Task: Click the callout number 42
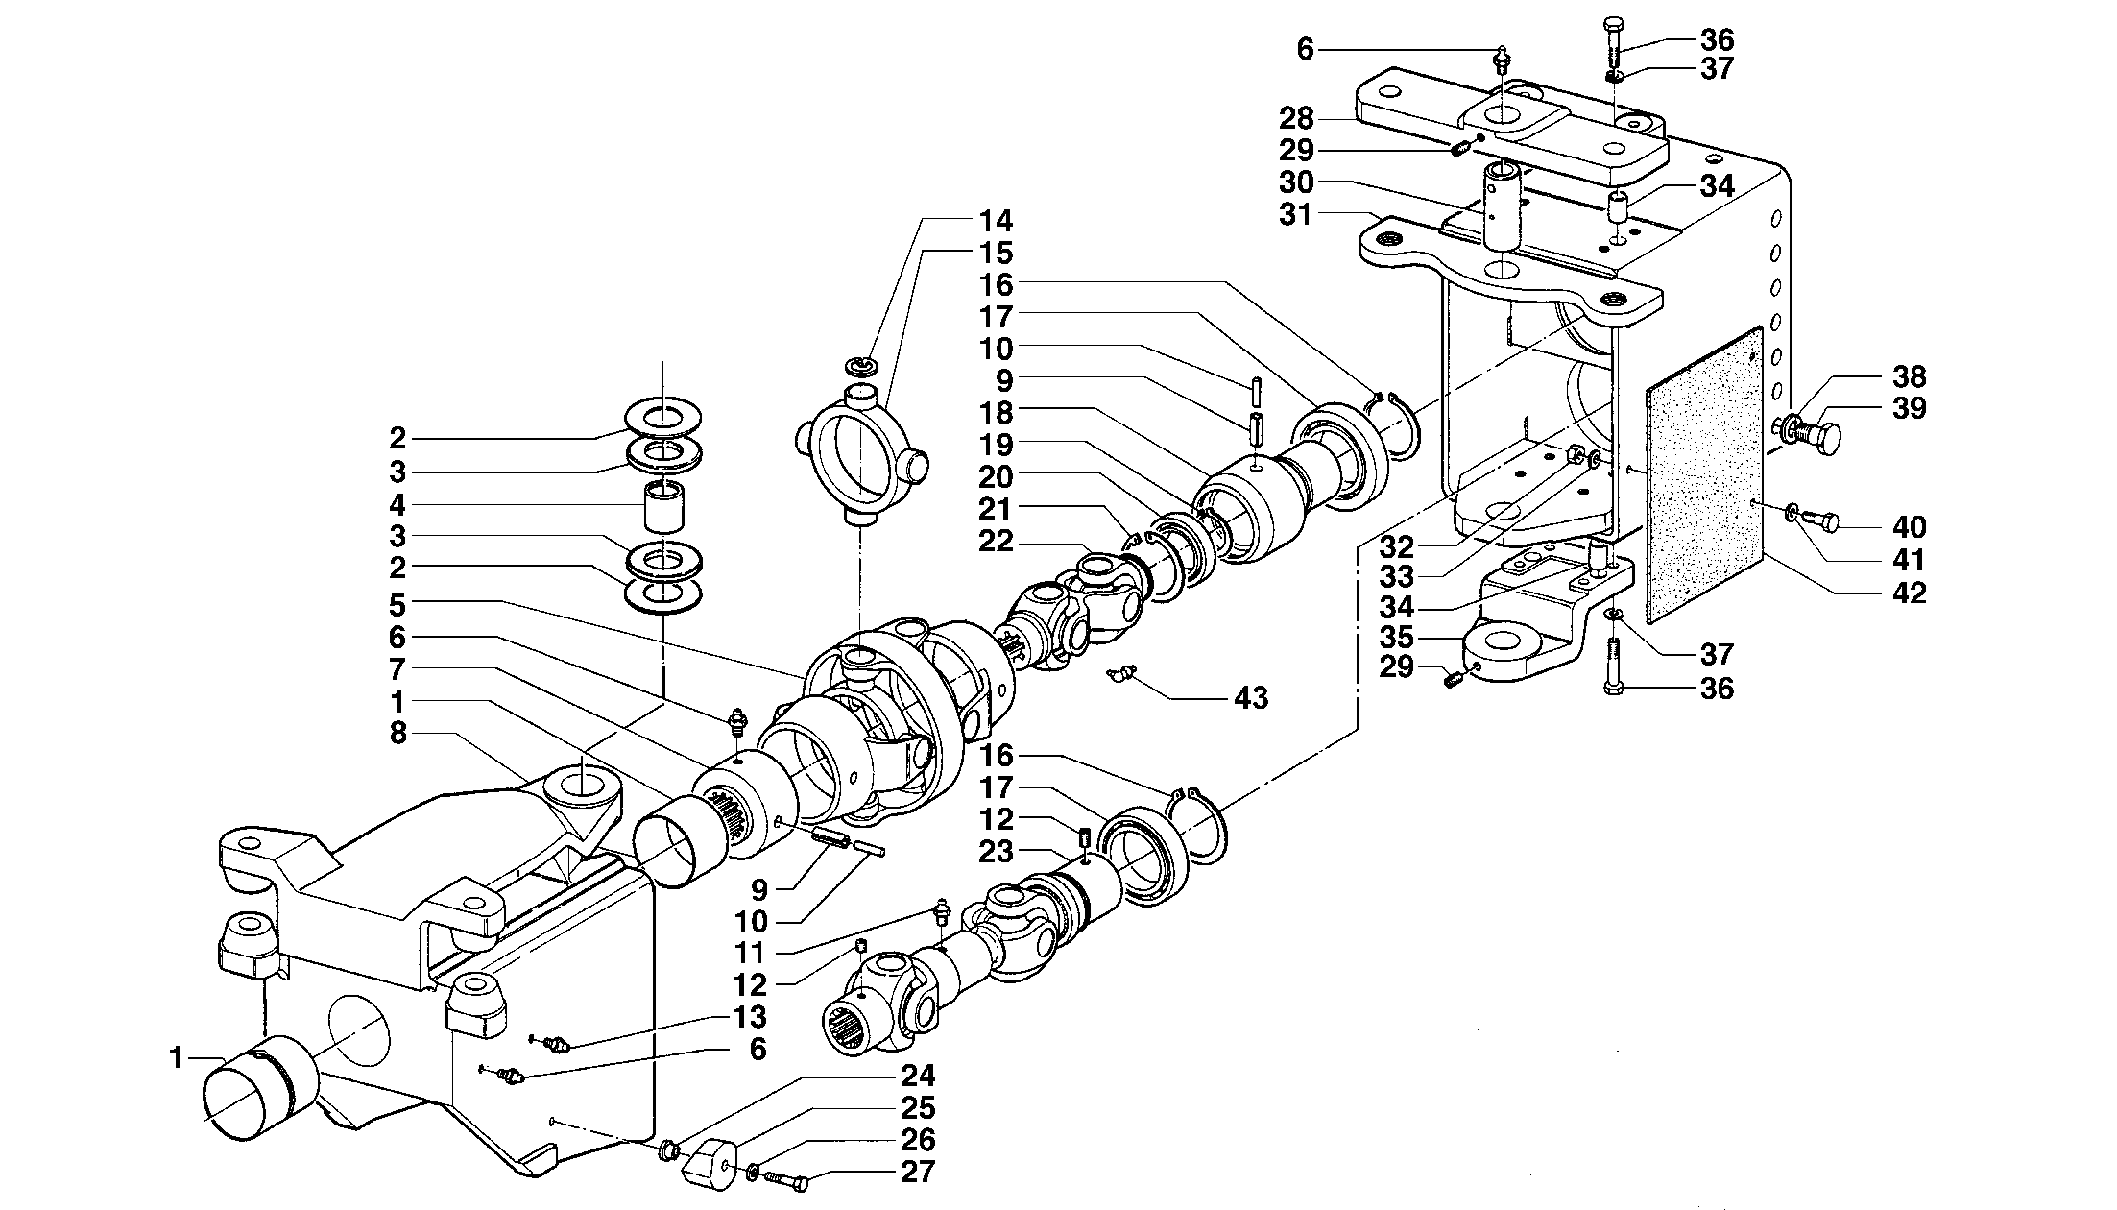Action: [x=1909, y=593]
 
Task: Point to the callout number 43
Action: [x=1250, y=697]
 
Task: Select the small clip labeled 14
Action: [x=860, y=365]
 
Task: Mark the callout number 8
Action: [x=397, y=734]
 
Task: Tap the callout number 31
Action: [x=1295, y=214]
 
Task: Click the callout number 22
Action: [x=997, y=542]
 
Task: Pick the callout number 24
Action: [x=918, y=1076]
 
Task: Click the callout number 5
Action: [x=397, y=605]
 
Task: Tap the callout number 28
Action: [x=1295, y=119]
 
